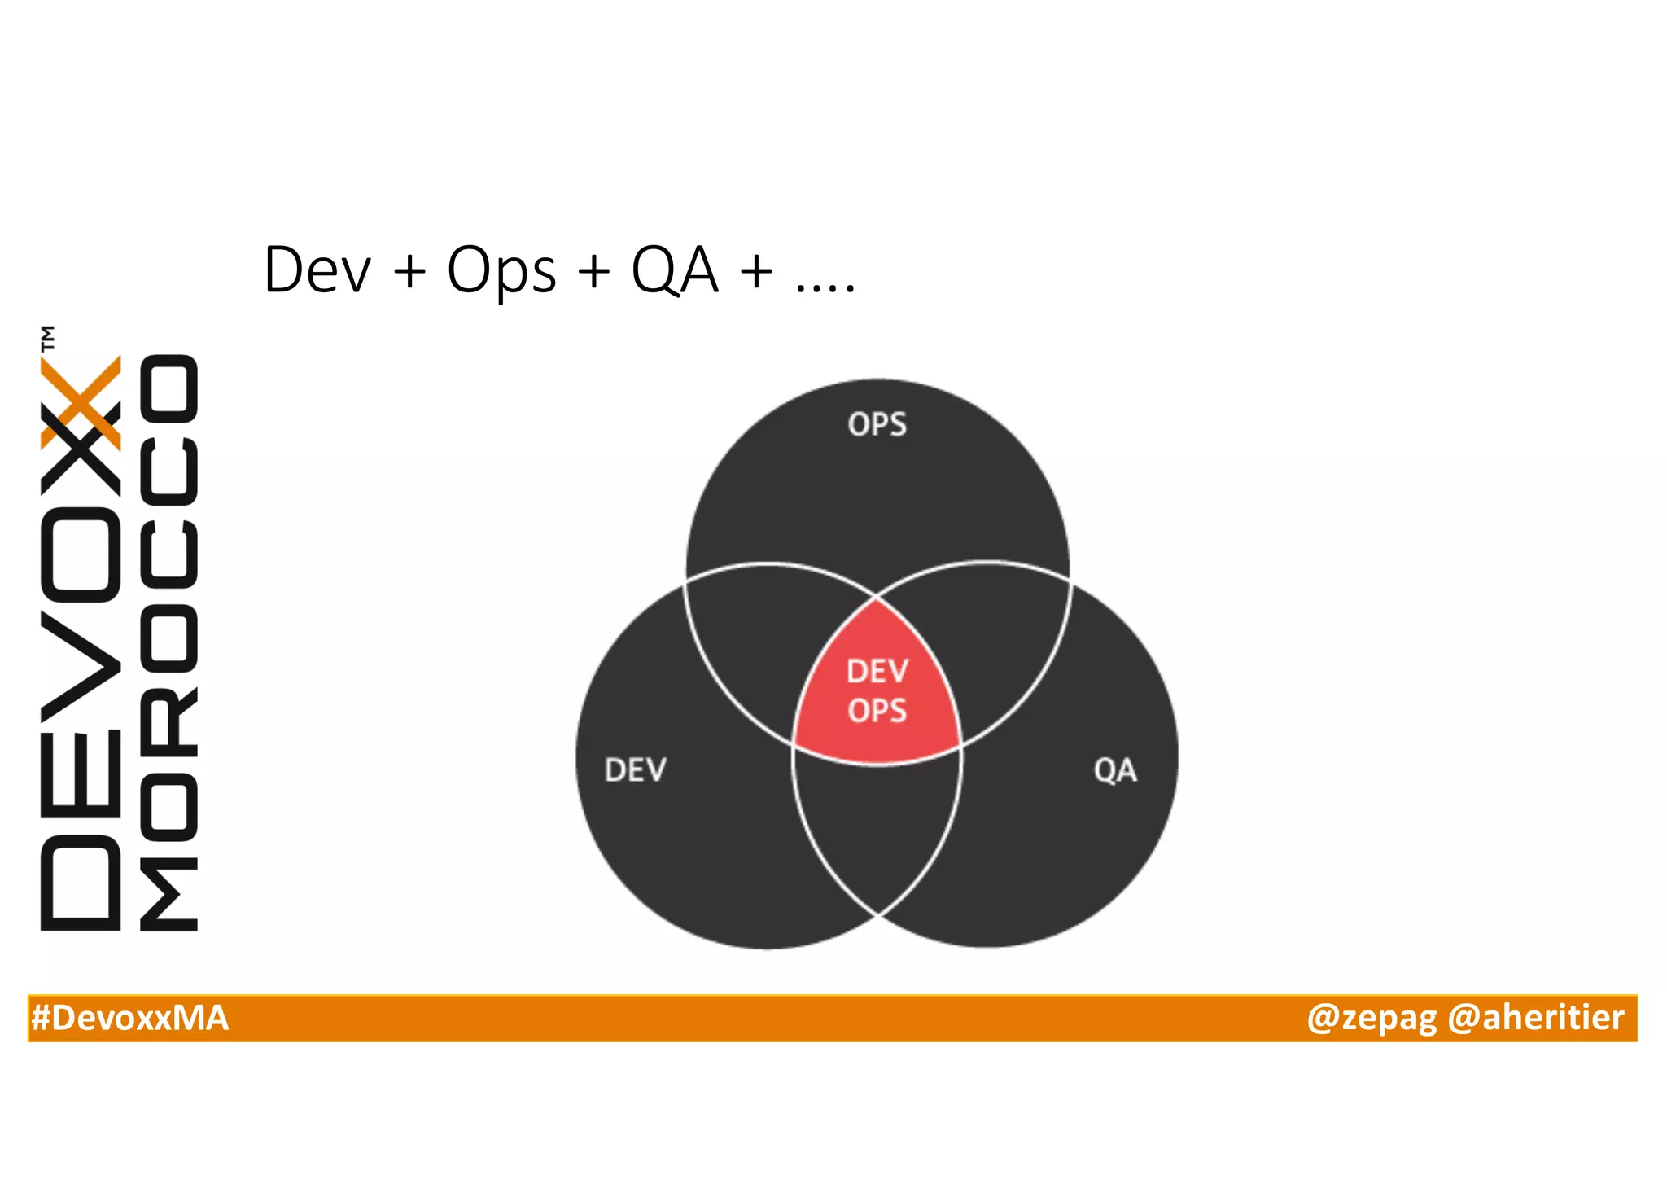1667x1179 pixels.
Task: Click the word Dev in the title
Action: coord(317,270)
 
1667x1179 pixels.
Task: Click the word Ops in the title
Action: coord(501,270)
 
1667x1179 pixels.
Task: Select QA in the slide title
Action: coord(675,270)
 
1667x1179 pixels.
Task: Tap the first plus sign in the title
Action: coord(409,270)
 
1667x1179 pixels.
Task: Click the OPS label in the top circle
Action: coord(877,424)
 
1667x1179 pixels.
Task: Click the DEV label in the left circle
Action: coord(635,769)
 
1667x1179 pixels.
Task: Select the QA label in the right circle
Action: coord(1114,769)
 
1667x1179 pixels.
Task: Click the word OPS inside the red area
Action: coord(877,711)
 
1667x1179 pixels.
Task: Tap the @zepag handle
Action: coord(1371,1018)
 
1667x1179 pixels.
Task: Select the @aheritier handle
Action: coord(1535,1018)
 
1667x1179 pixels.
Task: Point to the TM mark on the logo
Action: coord(48,338)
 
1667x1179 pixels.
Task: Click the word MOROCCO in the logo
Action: coord(168,643)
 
